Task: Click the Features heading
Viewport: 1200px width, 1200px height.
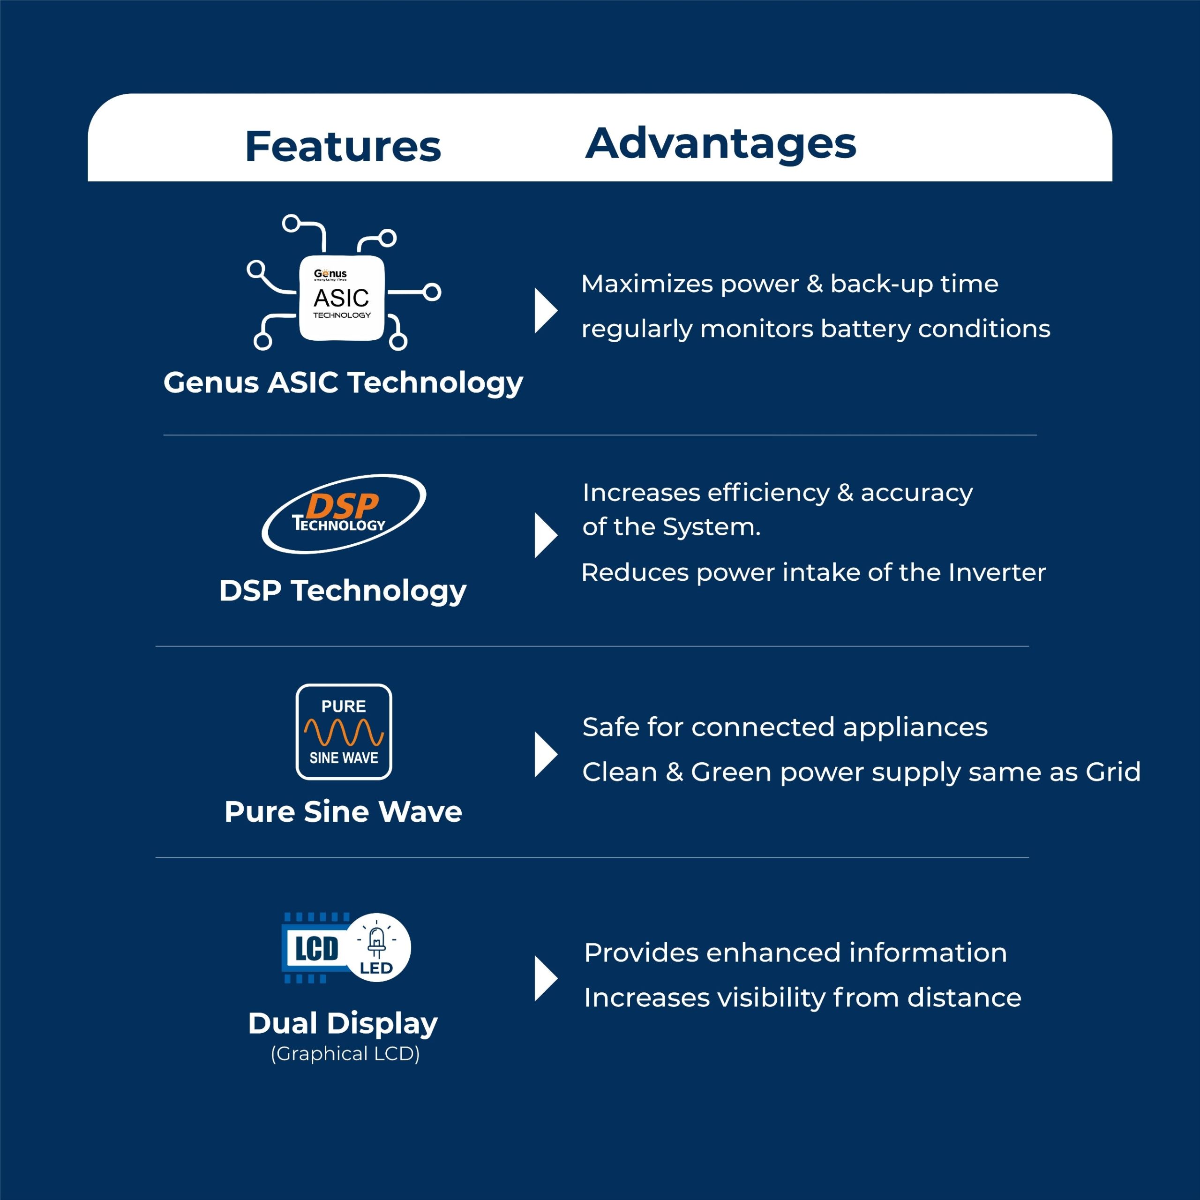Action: (x=343, y=147)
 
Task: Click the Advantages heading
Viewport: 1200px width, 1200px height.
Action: (x=720, y=143)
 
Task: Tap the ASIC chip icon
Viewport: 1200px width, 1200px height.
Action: (x=342, y=298)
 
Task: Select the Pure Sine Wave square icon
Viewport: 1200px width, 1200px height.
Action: (x=344, y=732)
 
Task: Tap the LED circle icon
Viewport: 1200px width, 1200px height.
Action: (x=377, y=947)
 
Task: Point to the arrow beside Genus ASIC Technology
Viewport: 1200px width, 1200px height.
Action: (x=545, y=311)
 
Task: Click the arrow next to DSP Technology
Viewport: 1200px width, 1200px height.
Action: (x=545, y=535)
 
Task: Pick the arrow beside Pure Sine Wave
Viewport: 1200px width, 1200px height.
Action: (x=545, y=755)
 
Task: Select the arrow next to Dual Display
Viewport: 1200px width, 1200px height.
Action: (x=545, y=979)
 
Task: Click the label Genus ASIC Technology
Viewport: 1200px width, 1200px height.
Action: (x=343, y=382)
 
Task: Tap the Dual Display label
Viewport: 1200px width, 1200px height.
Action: (x=343, y=1024)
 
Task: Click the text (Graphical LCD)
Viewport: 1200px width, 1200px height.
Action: (x=345, y=1054)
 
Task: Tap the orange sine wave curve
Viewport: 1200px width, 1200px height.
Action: (x=344, y=732)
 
